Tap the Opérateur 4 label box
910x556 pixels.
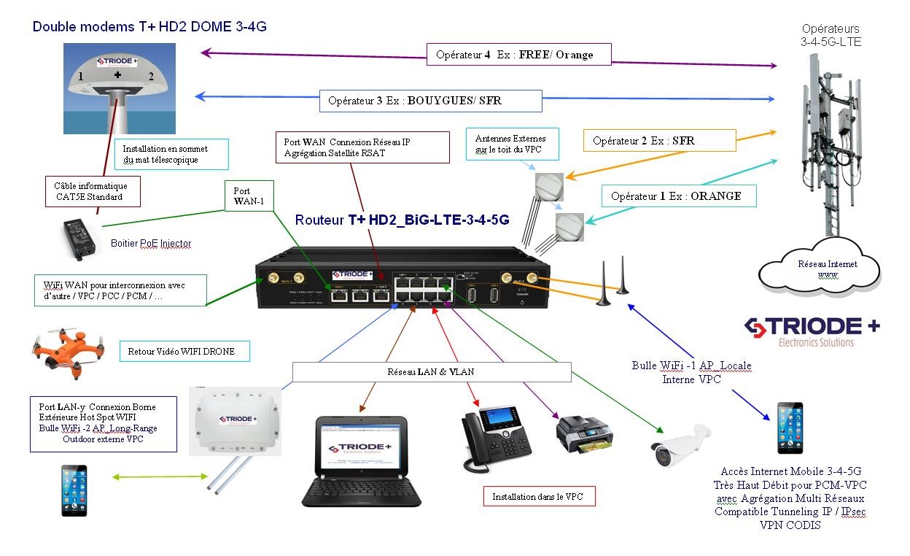(x=518, y=55)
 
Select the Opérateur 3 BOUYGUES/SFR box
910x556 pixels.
(x=430, y=100)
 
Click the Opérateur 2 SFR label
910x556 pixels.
(x=658, y=140)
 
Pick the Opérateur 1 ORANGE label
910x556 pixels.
(x=678, y=196)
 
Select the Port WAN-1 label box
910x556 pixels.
(x=247, y=196)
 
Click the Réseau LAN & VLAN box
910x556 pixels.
(x=431, y=371)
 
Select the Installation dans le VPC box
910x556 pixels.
(x=539, y=497)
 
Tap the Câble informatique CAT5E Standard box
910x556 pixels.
(x=92, y=191)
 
